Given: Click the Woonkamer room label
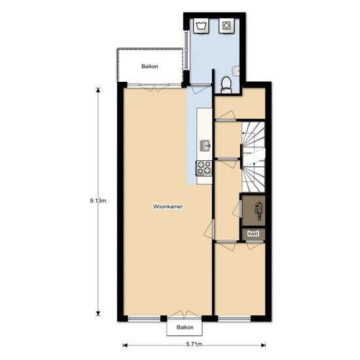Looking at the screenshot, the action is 168,206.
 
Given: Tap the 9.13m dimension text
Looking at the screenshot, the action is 98,201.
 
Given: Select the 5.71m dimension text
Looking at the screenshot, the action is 194,344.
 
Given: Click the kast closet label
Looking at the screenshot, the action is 253,234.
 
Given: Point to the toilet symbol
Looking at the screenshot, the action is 226,85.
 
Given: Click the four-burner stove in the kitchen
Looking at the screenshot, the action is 204,168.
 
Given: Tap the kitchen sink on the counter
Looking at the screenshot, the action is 206,145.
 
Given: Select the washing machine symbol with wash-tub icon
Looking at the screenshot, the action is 202,26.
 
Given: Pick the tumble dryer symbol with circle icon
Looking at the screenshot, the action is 226,26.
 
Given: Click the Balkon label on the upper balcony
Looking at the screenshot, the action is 150,66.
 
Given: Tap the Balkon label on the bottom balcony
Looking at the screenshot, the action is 185,327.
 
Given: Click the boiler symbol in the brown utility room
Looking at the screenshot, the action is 259,209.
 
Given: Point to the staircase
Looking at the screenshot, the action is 253,157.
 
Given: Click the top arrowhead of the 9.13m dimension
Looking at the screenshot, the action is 98,90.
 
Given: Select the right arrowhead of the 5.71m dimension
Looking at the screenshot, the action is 264,345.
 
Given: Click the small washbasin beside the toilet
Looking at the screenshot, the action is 236,71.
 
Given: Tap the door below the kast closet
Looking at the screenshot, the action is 254,245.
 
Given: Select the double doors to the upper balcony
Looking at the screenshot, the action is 154,88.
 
